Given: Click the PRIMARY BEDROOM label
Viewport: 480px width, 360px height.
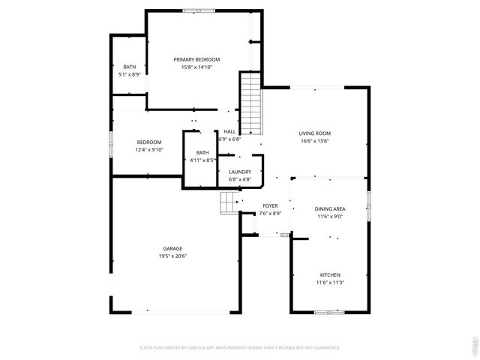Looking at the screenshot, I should pos(196,59).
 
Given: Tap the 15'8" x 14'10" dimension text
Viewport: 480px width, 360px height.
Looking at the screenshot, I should pos(196,67).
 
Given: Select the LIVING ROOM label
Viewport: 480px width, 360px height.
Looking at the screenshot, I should pos(315,133).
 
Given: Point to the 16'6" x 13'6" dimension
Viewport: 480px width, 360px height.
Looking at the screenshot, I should pos(315,140).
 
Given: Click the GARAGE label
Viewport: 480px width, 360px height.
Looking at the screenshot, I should pos(172,248).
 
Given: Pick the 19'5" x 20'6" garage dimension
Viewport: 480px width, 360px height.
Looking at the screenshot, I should pos(172,256).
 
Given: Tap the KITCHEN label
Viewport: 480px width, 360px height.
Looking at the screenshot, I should pos(330,274).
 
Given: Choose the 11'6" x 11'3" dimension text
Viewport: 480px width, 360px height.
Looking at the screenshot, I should pos(330,283).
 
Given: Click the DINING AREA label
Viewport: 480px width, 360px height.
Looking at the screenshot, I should pos(330,208).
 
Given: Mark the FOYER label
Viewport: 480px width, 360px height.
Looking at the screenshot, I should pos(270,205).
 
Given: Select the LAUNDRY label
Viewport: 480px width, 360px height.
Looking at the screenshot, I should pos(240,172).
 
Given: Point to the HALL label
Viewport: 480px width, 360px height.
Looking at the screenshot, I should pos(229,131).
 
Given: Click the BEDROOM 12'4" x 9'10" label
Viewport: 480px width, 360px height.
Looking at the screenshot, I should pos(148,142).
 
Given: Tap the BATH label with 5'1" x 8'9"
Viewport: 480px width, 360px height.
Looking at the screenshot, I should pos(130,67).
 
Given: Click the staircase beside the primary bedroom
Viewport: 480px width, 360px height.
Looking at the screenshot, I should pos(250,104).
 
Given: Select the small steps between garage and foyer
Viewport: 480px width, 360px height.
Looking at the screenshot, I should pos(229,202).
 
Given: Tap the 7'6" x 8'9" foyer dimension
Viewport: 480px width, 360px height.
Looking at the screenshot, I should pos(270,214).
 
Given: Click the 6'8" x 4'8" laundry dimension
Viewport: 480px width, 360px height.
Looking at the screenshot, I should pos(240,180).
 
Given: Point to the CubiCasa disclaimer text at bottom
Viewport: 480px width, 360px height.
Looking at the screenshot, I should pos(240,348).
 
